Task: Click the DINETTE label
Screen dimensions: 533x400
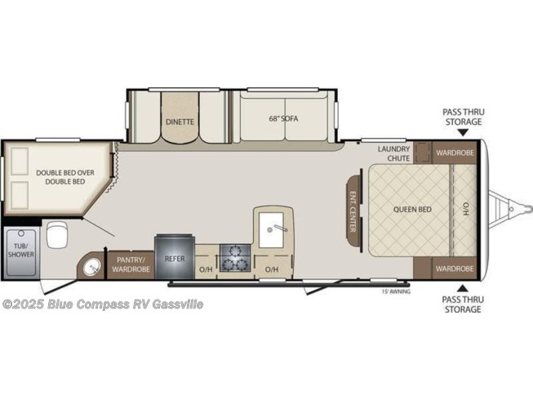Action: point(180,122)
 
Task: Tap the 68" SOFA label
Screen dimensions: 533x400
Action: point(283,118)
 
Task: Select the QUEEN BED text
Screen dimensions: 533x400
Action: point(412,209)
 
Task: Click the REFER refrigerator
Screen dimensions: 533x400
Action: point(175,256)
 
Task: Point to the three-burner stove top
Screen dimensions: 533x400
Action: point(235,258)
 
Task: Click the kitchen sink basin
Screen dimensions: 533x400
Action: point(271,229)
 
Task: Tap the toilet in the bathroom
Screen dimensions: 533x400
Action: point(57,234)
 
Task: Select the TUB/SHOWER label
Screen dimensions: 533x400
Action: point(21,250)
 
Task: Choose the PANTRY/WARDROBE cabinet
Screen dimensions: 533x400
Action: point(131,265)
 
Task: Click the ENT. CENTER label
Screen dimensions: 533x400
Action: point(352,211)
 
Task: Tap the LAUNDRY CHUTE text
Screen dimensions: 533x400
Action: point(394,153)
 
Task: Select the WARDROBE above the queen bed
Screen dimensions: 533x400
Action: point(455,153)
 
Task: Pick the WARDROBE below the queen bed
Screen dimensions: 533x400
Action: point(455,269)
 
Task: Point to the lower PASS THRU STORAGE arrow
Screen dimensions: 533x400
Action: point(461,289)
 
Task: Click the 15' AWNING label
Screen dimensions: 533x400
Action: point(396,291)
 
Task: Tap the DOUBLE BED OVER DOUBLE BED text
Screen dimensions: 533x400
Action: point(65,177)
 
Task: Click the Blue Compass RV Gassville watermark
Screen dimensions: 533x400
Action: point(103,304)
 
